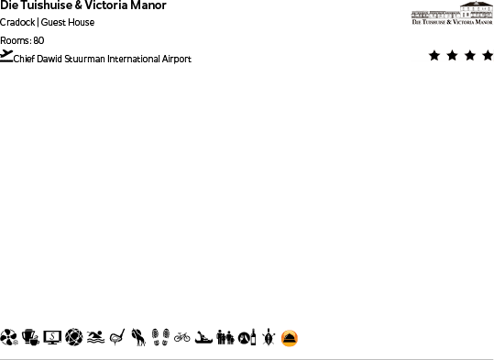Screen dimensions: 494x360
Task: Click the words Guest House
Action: [68, 22]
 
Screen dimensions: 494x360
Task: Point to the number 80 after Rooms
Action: [38, 40]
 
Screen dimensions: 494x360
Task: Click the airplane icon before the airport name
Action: [7, 56]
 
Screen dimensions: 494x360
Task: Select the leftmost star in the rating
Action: [434, 56]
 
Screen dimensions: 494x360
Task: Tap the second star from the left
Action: [452, 56]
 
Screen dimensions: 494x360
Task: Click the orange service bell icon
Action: [289, 338]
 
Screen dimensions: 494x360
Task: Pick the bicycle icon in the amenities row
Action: [181, 337]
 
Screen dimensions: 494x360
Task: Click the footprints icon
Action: [160, 338]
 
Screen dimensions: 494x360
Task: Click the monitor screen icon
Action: [52, 338]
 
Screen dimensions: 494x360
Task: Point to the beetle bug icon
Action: [268, 338]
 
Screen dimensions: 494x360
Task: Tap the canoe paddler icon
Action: [203, 338]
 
